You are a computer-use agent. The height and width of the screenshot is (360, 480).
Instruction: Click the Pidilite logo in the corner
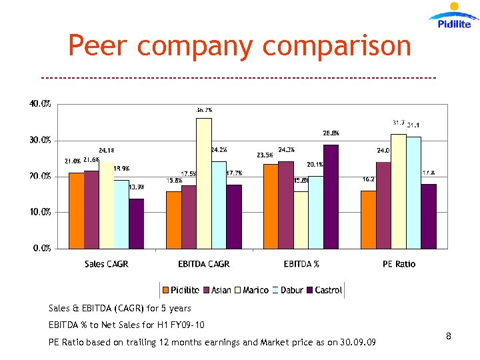coord(454,16)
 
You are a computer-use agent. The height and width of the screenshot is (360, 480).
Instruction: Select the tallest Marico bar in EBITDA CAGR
coord(203,183)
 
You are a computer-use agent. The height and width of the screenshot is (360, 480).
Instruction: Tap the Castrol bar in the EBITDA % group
coord(331,196)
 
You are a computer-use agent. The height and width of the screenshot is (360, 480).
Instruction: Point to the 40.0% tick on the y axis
coord(40,104)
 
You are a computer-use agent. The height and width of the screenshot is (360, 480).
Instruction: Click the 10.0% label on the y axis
coord(40,212)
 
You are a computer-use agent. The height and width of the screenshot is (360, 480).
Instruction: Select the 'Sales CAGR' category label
coord(106,264)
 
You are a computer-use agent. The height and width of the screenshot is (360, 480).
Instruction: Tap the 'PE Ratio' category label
coord(399,264)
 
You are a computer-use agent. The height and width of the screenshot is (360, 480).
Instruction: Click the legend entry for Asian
coord(217,290)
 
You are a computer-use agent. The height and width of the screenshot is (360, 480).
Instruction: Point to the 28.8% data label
coord(331,133)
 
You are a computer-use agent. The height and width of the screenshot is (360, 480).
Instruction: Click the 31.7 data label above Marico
coord(398,123)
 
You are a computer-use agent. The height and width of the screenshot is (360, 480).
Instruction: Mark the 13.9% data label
coord(137,187)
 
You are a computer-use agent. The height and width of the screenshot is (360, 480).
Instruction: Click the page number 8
coord(449,337)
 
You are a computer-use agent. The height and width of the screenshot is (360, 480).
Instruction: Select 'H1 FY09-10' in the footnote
coord(181,325)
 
